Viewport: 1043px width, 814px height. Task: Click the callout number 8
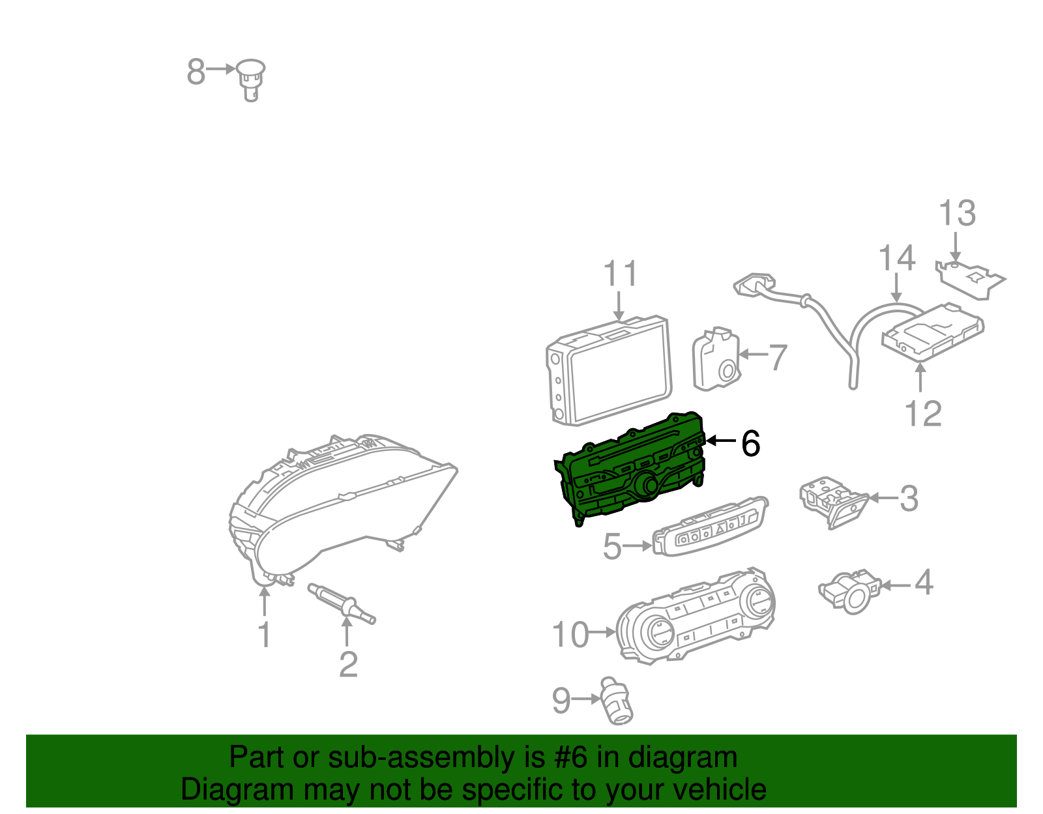(x=196, y=72)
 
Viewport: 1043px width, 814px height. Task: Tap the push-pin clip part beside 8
(x=251, y=78)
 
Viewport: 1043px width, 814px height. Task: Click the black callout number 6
(x=751, y=444)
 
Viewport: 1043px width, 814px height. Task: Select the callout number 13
(x=957, y=214)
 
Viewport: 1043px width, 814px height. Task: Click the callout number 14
(x=897, y=259)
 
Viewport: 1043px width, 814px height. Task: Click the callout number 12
(x=923, y=414)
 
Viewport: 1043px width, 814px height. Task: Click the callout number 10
(x=570, y=635)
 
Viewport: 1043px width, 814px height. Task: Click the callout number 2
(x=348, y=665)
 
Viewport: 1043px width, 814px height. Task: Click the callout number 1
(x=264, y=635)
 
